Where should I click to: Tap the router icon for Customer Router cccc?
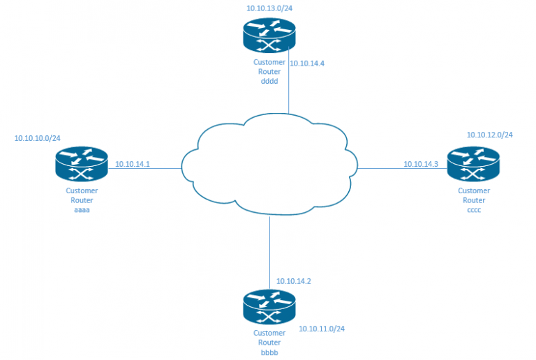[x=473, y=165]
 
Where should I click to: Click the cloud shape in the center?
[x=269, y=166]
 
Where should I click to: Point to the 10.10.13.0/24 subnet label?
[x=269, y=8]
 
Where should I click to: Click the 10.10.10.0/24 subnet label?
[x=38, y=138]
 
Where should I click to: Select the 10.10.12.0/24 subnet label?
[x=490, y=135]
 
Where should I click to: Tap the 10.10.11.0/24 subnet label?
[x=322, y=329]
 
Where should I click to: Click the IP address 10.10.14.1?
[x=133, y=164]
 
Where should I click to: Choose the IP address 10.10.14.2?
[x=294, y=281]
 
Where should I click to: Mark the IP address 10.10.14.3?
[x=421, y=164]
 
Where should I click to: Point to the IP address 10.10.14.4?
[x=307, y=63]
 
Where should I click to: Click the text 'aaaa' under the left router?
[x=82, y=209]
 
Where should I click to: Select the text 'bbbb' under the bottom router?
[x=269, y=352]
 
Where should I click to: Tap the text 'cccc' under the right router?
[x=473, y=209]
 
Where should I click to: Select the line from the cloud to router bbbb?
[x=269, y=251]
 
